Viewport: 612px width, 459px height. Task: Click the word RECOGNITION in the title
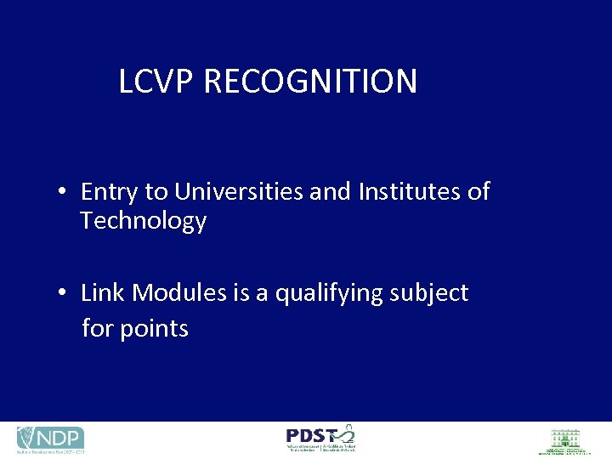coord(310,82)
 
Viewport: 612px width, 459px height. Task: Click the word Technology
coord(143,222)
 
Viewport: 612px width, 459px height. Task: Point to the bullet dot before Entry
coord(63,193)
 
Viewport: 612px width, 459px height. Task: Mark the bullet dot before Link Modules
coord(63,294)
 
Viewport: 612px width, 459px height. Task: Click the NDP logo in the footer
coord(50,439)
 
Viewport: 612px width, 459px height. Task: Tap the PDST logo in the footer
coord(320,438)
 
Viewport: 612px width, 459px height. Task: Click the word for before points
coord(97,328)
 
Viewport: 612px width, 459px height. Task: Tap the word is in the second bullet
coord(240,293)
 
